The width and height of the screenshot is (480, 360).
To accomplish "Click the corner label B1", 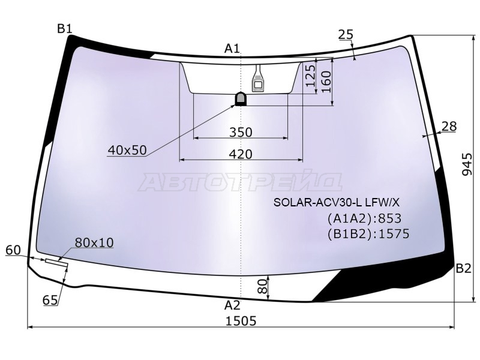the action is point(65,29).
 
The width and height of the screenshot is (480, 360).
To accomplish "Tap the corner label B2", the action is point(463,268).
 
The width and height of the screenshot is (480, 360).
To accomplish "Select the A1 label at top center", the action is point(232,49).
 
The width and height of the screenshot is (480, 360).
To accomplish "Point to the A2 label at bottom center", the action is point(232,305).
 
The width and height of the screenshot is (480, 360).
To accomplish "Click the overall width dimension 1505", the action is point(241,321).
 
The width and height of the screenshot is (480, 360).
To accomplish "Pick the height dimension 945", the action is point(467,164).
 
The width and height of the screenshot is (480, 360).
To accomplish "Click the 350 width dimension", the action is point(241,132).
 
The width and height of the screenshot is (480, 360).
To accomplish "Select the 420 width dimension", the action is point(241,154).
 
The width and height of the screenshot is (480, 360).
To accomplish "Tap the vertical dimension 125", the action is point(310,75).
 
